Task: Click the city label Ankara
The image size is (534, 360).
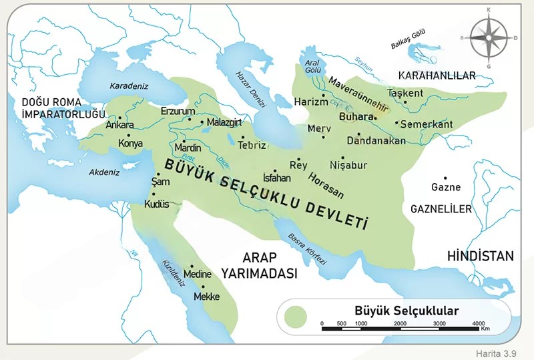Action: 121,125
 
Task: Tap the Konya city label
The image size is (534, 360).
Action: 130,143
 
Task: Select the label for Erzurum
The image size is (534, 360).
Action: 178,110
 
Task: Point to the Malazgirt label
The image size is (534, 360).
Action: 224,123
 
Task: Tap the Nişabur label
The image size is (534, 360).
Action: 348,165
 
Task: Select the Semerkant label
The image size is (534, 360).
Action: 427,124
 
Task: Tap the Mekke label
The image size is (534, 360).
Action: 206,297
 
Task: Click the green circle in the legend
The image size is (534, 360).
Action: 294,316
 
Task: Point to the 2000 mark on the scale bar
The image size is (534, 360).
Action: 400,323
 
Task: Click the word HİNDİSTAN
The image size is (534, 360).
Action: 481,256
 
